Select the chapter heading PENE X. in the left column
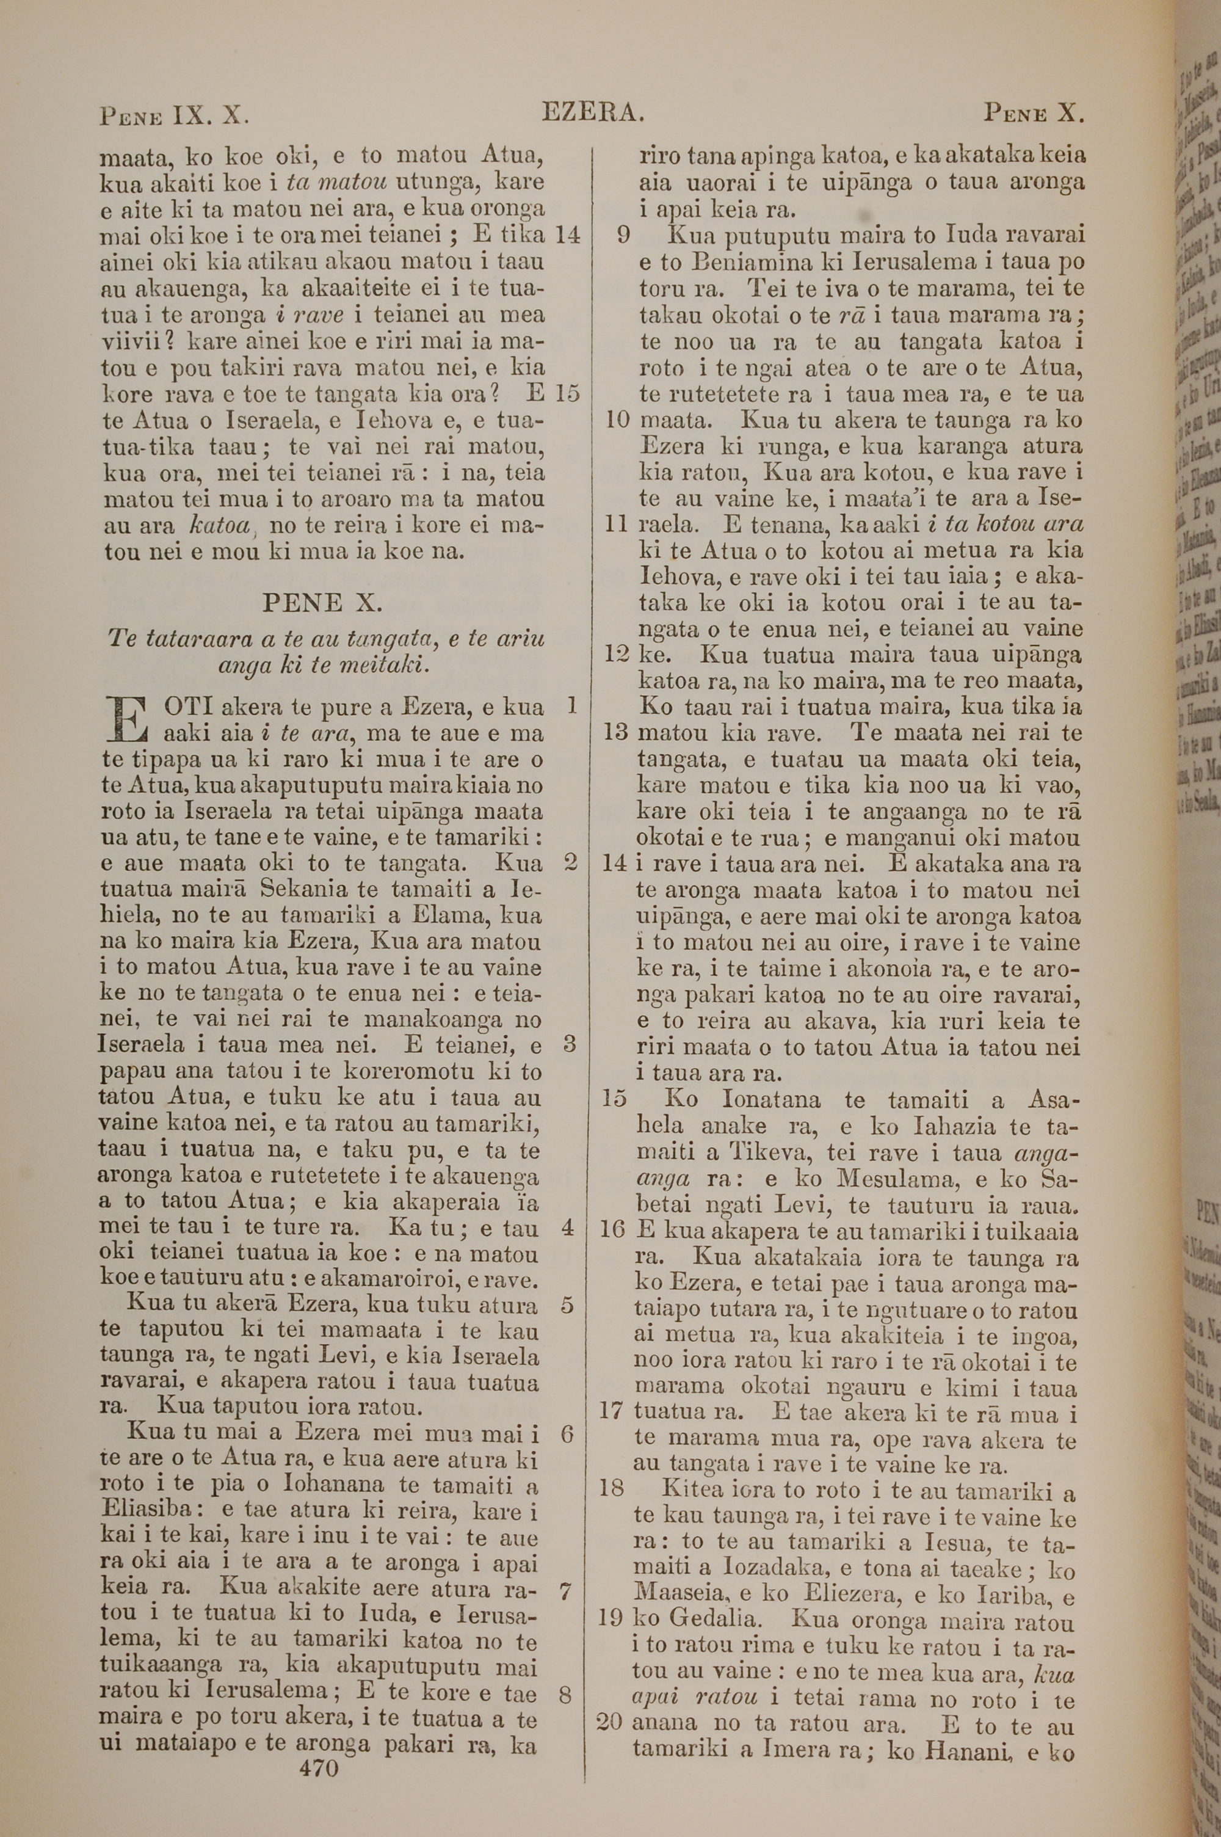[x=322, y=602]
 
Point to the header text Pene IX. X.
[x=175, y=116]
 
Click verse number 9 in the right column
[x=623, y=235]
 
